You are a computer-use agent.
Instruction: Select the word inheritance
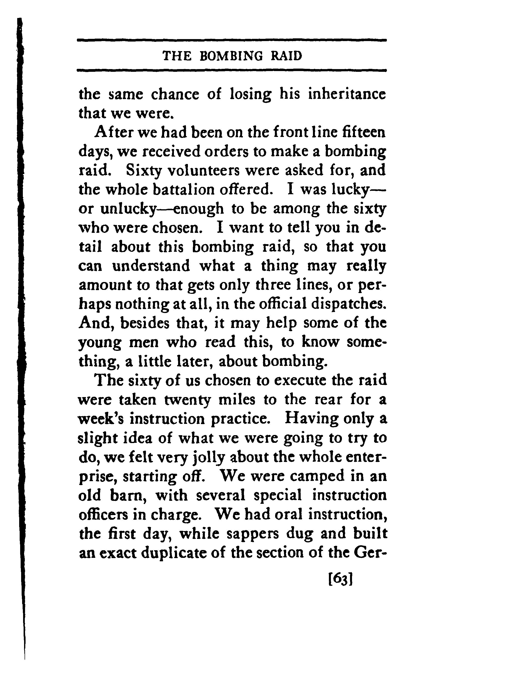(x=347, y=94)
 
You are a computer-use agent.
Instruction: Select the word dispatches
(x=349, y=304)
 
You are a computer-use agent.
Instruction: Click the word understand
(x=151, y=266)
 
